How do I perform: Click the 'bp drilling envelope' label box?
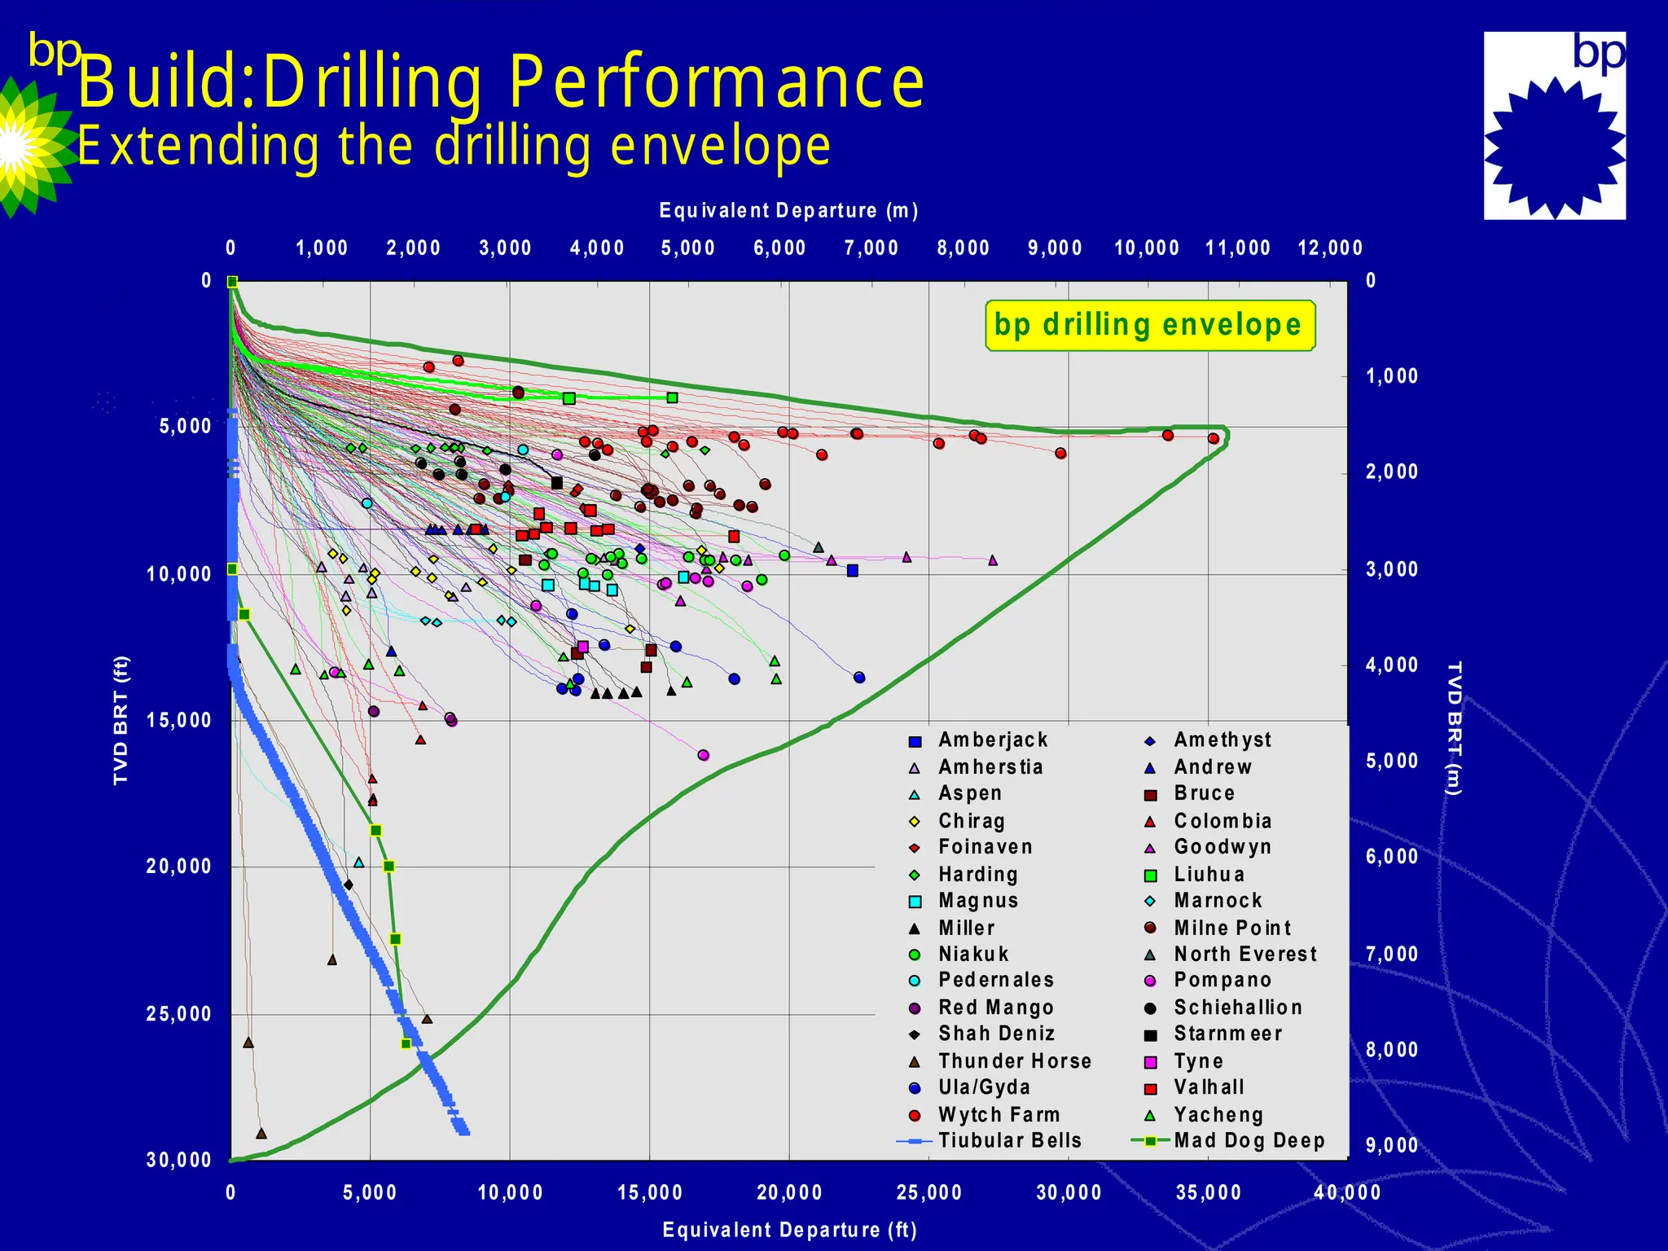[1149, 325]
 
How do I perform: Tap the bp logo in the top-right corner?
[1554, 125]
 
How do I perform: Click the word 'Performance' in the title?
[717, 82]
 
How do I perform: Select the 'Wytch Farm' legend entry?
[999, 1114]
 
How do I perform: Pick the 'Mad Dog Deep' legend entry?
[1249, 1140]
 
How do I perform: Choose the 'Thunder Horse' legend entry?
[1014, 1060]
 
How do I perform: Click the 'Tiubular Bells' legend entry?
[1009, 1140]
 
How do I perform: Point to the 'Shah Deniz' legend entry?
[996, 1034]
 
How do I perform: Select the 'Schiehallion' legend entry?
[1238, 1007]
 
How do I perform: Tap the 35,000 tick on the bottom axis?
[1209, 1192]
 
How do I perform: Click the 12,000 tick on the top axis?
[1329, 248]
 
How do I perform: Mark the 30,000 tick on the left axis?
[179, 1160]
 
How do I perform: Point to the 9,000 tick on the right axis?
[1392, 1145]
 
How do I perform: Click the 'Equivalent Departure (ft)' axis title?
[789, 1229]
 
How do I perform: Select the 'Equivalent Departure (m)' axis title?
[788, 211]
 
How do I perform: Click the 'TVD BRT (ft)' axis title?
[121, 720]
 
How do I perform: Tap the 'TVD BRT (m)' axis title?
[1454, 728]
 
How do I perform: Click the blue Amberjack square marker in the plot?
[852, 570]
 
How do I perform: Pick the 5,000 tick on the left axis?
[185, 426]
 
